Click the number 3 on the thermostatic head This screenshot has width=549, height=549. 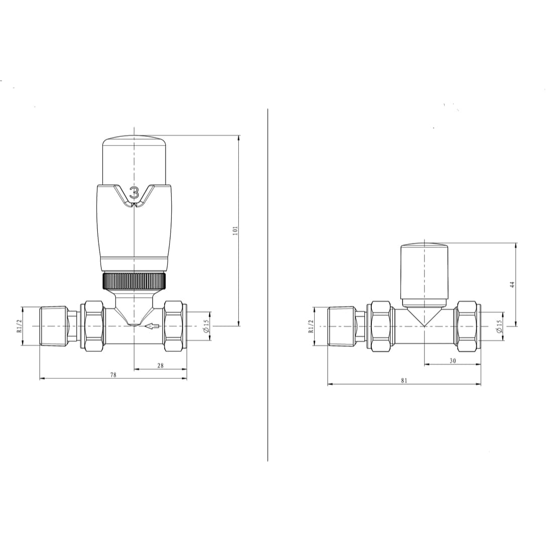tap(134, 192)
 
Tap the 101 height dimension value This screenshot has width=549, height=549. tap(234, 231)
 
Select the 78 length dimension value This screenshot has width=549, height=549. tap(113, 375)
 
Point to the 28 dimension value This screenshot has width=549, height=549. tap(160, 366)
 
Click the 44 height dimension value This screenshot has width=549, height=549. tap(512, 285)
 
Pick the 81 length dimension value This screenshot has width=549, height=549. tap(404, 381)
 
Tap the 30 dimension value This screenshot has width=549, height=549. tap(452, 361)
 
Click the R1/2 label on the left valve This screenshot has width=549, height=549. tap(20, 327)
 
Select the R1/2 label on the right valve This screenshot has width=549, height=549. tap(311, 327)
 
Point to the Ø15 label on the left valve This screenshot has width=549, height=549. tap(206, 327)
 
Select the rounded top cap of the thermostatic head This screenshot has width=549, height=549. tap(134, 158)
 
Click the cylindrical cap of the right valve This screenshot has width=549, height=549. tap(424, 273)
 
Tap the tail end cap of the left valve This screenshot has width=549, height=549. tap(54, 326)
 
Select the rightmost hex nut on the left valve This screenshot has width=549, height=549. tap(175, 326)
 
